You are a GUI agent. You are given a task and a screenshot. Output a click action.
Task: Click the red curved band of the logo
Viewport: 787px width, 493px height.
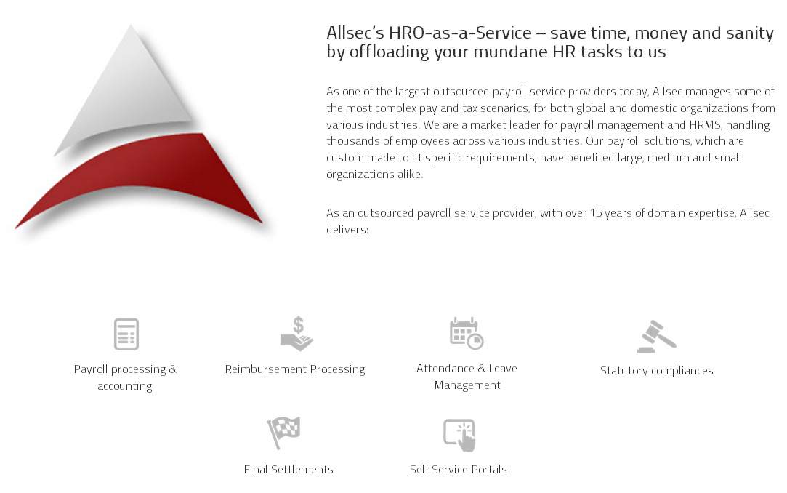(x=150, y=166)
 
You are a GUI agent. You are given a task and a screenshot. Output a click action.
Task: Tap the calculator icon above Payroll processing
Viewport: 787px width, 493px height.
(x=126, y=334)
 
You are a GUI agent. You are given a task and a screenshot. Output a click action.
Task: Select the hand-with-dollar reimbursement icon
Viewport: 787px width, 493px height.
(x=297, y=333)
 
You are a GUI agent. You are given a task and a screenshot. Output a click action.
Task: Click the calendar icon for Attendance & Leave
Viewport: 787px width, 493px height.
(x=467, y=333)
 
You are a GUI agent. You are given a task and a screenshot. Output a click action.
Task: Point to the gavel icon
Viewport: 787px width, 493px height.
(x=656, y=336)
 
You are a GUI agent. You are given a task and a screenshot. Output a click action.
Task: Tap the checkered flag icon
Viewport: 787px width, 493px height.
(x=283, y=432)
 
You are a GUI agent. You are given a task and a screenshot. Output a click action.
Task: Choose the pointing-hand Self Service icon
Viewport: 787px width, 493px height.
(x=459, y=435)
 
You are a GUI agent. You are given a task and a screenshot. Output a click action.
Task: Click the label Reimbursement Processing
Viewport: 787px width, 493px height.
(x=295, y=369)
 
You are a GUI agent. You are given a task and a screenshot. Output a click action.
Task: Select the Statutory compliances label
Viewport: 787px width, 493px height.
(x=656, y=371)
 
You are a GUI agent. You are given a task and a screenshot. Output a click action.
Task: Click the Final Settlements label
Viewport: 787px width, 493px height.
(x=288, y=470)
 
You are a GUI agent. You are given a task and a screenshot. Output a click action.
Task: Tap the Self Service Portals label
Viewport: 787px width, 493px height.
(x=459, y=470)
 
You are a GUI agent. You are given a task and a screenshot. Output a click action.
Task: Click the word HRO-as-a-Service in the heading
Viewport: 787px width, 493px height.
(x=460, y=33)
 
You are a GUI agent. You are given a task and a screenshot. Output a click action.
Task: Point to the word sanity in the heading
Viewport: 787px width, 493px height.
(x=750, y=33)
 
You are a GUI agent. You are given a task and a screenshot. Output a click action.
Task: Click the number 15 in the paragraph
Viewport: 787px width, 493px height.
(x=596, y=213)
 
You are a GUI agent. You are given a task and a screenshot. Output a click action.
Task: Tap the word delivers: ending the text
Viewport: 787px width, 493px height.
(x=347, y=230)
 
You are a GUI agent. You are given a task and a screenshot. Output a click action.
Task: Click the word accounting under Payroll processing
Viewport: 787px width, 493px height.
(x=125, y=387)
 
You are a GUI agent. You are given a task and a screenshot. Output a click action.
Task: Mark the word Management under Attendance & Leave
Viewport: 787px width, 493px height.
(x=467, y=385)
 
